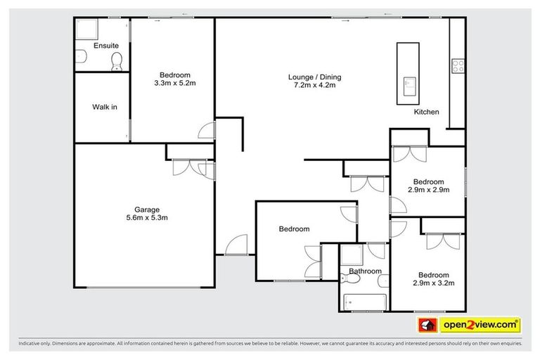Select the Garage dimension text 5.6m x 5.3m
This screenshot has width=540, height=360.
click(x=147, y=218)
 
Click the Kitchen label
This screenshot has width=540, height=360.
click(x=426, y=112)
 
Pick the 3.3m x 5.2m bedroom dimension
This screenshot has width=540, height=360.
click(x=174, y=84)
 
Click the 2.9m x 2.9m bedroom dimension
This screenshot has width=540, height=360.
click(x=428, y=189)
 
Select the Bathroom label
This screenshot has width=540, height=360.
click(x=365, y=271)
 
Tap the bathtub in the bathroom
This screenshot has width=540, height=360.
click(x=364, y=302)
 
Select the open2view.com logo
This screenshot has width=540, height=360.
click(x=480, y=325)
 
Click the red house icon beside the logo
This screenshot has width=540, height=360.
click(x=425, y=325)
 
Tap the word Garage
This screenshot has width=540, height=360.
click(x=147, y=210)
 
